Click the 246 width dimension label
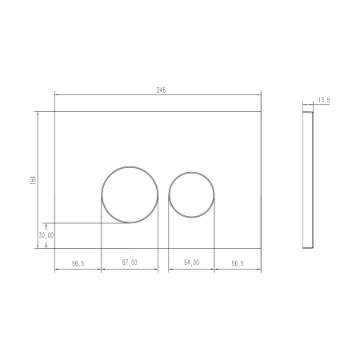pyautogui.click(x=161, y=90)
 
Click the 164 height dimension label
pyautogui.click(x=33, y=180)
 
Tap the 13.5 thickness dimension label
pyautogui.click(x=324, y=100)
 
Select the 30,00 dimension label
pyautogui.click(x=46, y=235)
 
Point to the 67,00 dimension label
pyautogui.click(x=130, y=262)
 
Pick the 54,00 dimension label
pyautogui.click(x=191, y=262)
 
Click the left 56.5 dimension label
pyautogui.click(x=78, y=264)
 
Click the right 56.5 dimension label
pyautogui.click(x=238, y=264)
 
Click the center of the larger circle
pyautogui.click(x=130, y=194)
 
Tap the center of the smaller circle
pyautogui.click(x=191, y=194)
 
